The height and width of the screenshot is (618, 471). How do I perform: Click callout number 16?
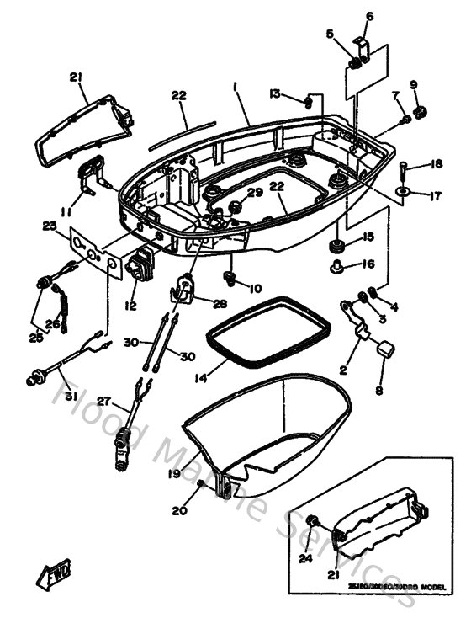pyautogui.click(x=367, y=264)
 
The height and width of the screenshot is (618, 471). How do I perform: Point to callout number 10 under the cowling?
pyautogui.click(x=255, y=289)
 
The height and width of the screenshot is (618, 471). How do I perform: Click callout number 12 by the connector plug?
pyautogui.click(x=130, y=306)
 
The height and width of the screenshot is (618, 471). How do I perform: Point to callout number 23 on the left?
pyautogui.click(x=50, y=225)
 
